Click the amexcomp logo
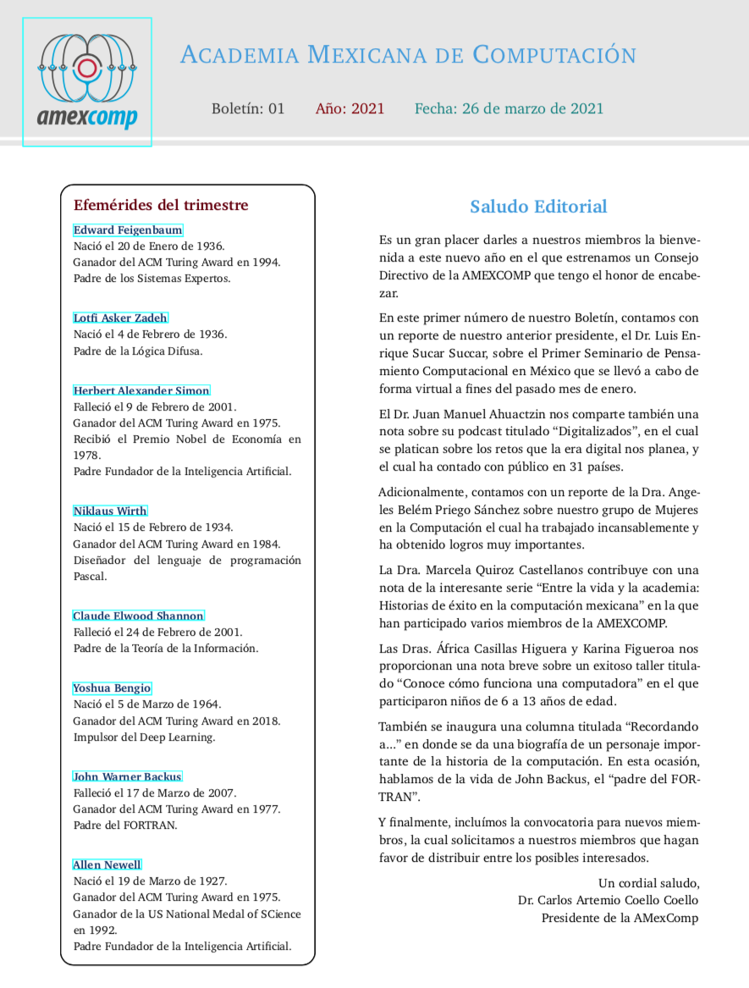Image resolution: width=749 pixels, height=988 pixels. tap(87, 82)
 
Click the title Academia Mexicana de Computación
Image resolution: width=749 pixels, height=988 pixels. tap(408, 56)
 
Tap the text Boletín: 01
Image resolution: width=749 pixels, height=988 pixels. tap(248, 108)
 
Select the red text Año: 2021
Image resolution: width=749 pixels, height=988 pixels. tap(350, 108)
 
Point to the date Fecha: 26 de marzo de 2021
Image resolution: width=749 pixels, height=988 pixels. tap(509, 108)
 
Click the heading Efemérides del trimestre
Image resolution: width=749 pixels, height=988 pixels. tap(161, 205)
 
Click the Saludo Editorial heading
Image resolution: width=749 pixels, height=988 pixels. tap(538, 207)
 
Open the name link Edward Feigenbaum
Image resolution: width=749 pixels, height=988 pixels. tap(128, 230)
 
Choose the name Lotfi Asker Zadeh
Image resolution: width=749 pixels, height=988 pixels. tap(120, 318)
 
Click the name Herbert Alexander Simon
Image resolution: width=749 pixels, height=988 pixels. tap(141, 390)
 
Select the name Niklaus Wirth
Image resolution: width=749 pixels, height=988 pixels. tap(110, 511)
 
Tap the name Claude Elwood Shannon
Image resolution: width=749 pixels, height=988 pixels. tap(139, 615)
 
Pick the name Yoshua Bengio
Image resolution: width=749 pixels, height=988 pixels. tap(112, 688)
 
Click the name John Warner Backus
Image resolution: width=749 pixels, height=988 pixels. tap(127, 776)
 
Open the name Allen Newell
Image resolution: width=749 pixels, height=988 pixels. tap(107, 864)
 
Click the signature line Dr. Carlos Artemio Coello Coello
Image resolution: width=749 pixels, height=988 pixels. tap(609, 900)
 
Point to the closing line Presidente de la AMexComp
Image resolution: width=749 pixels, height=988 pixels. tap(620, 918)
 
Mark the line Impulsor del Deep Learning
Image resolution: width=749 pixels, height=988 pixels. tap(144, 737)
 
